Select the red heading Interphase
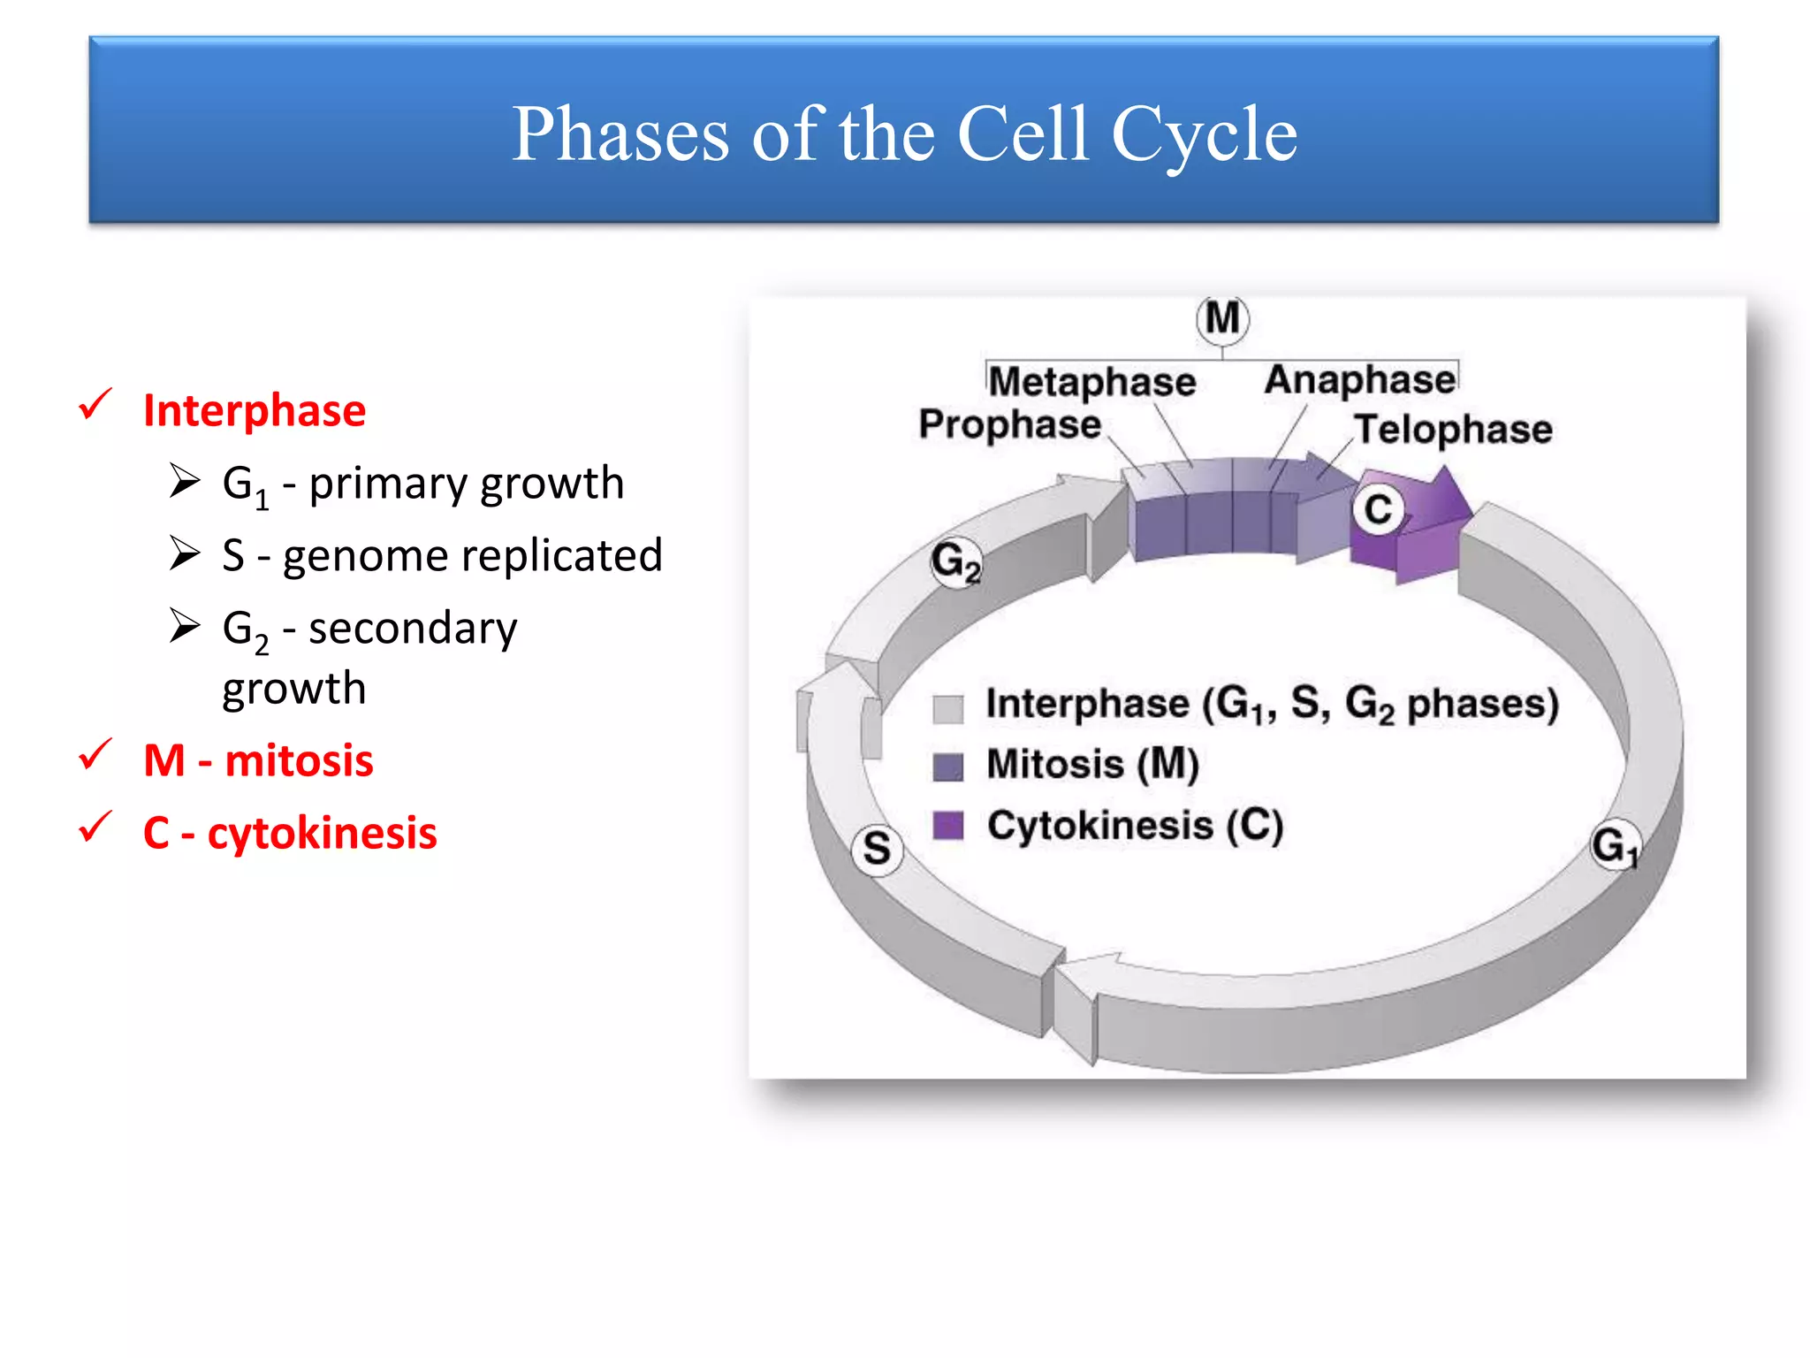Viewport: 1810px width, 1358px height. coord(254,411)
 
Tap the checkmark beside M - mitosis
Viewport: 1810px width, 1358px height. coord(95,756)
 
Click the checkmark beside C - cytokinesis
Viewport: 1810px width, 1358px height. coord(95,828)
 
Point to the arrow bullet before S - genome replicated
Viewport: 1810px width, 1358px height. coord(185,553)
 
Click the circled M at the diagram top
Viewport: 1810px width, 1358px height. coord(1222,319)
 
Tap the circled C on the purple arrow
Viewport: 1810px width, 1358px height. coord(1378,510)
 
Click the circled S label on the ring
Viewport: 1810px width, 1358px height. coord(877,849)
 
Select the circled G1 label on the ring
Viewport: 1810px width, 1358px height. coord(1615,845)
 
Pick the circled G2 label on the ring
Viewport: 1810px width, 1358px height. coord(955,561)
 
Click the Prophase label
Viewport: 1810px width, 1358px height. coord(1009,424)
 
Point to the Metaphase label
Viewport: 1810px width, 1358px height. coord(1091,382)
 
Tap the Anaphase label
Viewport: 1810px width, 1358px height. coord(1359,380)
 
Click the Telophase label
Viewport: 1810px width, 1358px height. coord(1453,430)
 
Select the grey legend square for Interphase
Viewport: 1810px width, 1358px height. coord(947,708)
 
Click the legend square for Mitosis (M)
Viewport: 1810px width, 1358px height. coord(947,767)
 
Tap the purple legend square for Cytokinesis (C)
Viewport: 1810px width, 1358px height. coord(947,826)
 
